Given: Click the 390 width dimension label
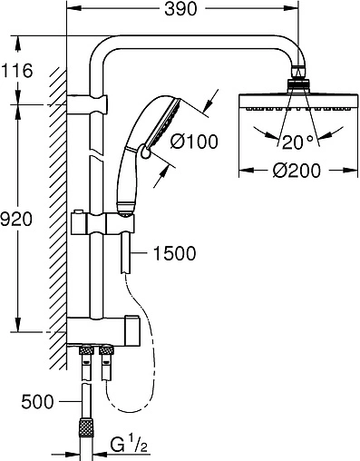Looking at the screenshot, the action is click(x=180, y=9).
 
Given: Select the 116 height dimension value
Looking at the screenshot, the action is click(x=17, y=71).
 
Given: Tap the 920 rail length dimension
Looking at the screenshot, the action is click(x=16, y=219).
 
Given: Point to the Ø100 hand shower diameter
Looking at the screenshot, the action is click(x=194, y=142).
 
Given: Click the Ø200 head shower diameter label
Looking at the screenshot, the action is click(x=297, y=171).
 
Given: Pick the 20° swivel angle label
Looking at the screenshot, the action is click(x=297, y=142).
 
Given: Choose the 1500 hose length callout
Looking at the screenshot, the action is click(x=175, y=253).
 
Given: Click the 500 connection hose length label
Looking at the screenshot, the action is click(x=37, y=402).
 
